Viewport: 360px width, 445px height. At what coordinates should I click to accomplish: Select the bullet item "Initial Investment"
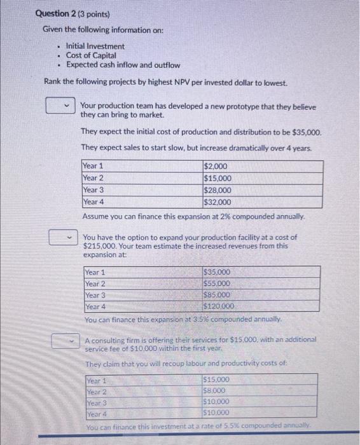(95, 46)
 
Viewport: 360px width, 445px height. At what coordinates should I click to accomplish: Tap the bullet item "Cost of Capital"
(91, 56)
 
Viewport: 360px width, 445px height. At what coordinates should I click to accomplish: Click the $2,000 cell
(214, 167)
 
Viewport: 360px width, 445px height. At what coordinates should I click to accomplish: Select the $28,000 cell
(217, 190)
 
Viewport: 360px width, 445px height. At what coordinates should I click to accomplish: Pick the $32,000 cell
(217, 202)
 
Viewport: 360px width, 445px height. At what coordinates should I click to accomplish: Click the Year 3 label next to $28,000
(93, 190)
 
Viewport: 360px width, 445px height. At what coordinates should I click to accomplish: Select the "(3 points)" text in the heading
(94, 13)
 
